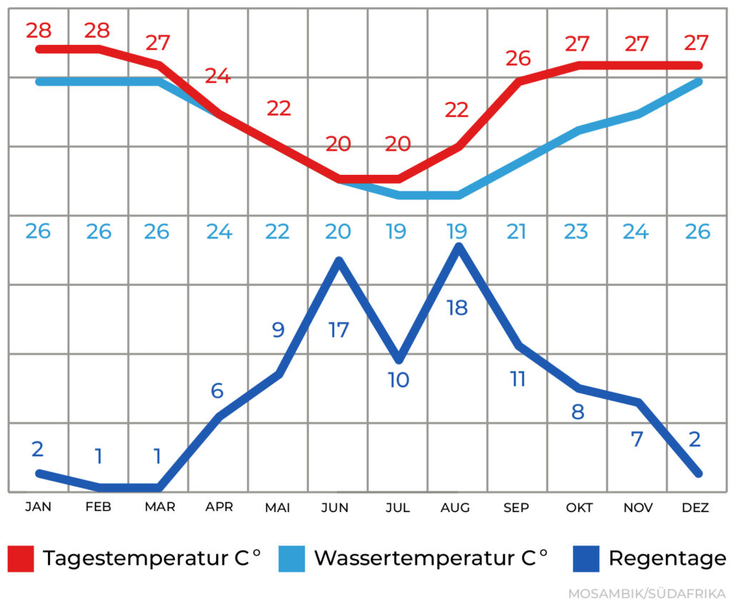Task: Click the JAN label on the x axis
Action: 38,508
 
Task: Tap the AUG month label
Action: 455,508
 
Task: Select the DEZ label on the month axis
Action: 695,508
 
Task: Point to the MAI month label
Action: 277,508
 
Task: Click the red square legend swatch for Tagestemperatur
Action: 21,558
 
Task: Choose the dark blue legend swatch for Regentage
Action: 586,558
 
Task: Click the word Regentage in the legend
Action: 667,558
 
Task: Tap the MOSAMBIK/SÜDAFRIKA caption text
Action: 647,594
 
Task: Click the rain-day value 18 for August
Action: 457,308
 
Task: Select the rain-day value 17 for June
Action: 338,331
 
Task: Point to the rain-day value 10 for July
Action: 398,380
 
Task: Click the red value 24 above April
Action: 218,76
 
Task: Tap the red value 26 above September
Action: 518,59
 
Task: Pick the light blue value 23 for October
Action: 576,231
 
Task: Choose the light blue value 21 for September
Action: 516,231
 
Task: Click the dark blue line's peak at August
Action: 458,247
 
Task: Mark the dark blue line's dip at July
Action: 398,358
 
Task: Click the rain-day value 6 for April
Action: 218,391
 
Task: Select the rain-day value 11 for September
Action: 518,378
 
